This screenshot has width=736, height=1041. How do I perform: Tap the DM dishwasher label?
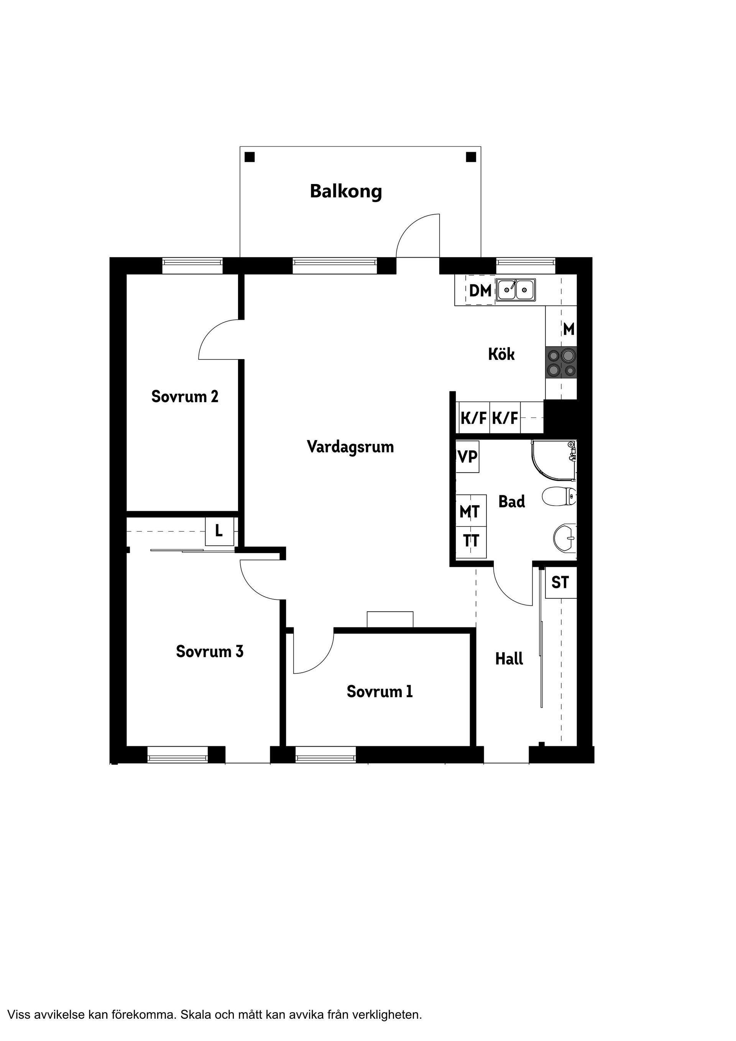tap(480, 291)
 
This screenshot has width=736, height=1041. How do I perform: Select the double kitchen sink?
tap(516, 290)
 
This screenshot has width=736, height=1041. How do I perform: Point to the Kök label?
tap(501, 354)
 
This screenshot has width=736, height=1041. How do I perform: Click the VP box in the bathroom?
tap(468, 457)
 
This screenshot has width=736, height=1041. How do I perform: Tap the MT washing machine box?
tap(470, 511)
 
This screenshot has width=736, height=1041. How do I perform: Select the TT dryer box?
tap(471, 541)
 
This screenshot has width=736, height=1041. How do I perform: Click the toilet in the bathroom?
tap(559, 496)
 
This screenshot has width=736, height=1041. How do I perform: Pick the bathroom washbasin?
tap(565, 538)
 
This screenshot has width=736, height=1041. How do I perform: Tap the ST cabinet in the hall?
tap(560, 583)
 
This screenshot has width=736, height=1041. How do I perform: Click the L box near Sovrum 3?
tap(219, 531)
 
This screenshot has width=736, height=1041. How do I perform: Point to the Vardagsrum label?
tap(350, 447)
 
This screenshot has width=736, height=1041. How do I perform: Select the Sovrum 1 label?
tap(379, 691)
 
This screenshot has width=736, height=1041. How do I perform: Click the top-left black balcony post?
tap(250, 157)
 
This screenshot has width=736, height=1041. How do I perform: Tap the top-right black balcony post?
tap(471, 157)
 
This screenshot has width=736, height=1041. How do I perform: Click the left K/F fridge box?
tap(473, 417)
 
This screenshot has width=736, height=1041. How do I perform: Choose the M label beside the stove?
tap(568, 329)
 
